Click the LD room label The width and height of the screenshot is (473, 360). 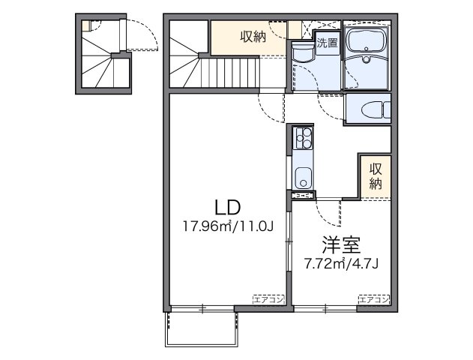click(x=227, y=206)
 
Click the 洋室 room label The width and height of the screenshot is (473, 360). click(x=341, y=245)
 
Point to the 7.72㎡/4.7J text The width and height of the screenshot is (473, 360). click(x=341, y=263)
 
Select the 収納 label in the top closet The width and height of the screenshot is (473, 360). click(x=251, y=38)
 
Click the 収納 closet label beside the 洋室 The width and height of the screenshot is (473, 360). click(x=375, y=175)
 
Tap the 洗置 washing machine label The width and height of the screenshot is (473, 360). click(x=327, y=43)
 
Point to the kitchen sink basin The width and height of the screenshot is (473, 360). click(x=303, y=179)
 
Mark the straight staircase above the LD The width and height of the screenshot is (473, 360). click(x=225, y=75)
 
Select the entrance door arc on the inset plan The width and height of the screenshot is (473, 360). click(x=139, y=34)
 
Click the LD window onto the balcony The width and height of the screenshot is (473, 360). click(x=202, y=308)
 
